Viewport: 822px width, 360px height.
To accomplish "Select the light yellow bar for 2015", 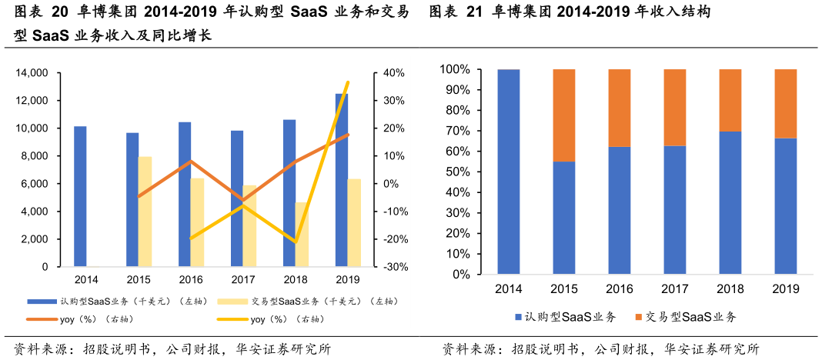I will [145, 212].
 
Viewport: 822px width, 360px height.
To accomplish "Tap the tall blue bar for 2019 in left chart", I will [341, 180].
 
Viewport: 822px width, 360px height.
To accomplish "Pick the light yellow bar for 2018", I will [302, 235].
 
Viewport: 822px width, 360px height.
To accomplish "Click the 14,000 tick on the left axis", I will [32, 73].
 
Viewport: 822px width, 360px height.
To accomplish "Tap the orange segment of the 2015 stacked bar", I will [564, 115].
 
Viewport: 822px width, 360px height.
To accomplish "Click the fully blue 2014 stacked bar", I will [509, 172].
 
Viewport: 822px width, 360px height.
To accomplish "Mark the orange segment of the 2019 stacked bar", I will [785, 104].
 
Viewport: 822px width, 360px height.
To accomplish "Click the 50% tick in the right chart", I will [456, 172].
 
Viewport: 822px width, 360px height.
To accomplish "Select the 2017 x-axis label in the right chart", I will [674, 288].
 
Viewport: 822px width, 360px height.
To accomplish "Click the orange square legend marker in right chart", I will [637, 317].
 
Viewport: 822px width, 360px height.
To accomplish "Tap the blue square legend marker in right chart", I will [518, 317].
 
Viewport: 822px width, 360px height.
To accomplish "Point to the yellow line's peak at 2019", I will [348, 82].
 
